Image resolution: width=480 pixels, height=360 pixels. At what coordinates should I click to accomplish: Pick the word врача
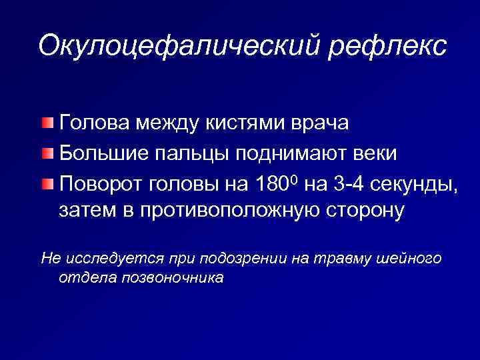click(323, 125)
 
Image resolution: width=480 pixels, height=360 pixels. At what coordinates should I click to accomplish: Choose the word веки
click(377, 154)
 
